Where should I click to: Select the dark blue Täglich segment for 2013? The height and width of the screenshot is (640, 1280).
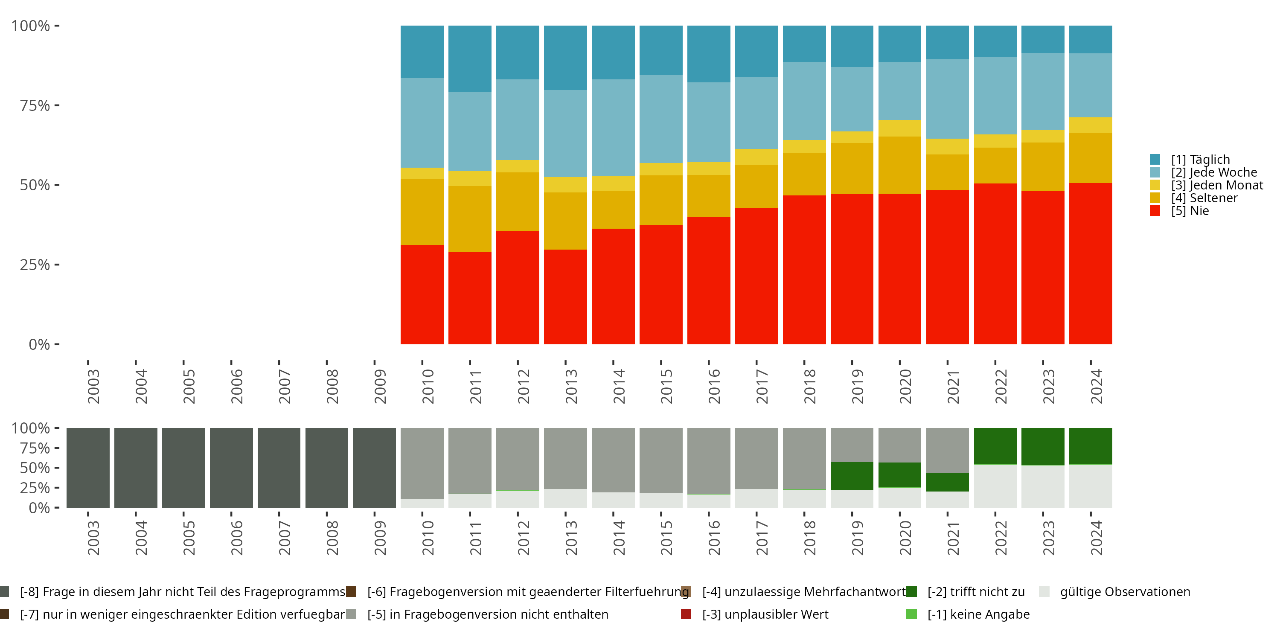[x=565, y=58]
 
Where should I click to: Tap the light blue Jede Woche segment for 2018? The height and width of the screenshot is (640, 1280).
[x=804, y=101]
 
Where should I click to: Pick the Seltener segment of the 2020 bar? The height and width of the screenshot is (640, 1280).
[x=899, y=165]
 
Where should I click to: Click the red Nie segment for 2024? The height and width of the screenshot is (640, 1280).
[x=1090, y=263]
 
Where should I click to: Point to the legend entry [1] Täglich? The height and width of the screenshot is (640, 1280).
[x=1199, y=160]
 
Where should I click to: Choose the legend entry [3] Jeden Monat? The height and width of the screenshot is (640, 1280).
[x=1216, y=185]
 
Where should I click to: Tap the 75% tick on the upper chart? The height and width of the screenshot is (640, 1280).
[x=35, y=105]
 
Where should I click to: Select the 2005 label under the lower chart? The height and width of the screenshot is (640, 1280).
[x=189, y=538]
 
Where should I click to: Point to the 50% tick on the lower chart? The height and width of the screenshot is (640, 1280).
[x=35, y=468]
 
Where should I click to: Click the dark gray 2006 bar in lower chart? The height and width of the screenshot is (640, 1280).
[x=231, y=468]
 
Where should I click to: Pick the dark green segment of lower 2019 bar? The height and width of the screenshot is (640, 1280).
[x=852, y=476]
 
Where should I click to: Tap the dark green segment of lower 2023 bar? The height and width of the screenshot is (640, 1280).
[x=1042, y=446]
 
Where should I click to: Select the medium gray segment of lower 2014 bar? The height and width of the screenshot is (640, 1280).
[x=613, y=460]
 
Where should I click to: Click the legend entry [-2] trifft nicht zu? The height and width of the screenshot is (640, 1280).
[x=975, y=592]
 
